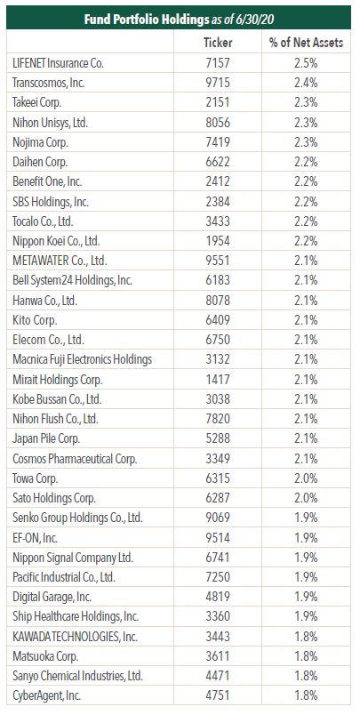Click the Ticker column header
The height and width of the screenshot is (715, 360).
click(x=218, y=43)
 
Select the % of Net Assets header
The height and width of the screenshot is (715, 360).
click(x=306, y=43)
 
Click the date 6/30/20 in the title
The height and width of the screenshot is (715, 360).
click(x=254, y=20)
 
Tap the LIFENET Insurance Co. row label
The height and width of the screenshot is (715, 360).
click(x=59, y=63)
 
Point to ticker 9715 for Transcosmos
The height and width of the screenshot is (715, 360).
click(x=218, y=83)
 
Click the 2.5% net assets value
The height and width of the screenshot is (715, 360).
click(x=306, y=63)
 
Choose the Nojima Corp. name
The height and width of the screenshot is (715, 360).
click(x=41, y=142)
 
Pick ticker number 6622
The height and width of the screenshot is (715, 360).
click(x=218, y=162)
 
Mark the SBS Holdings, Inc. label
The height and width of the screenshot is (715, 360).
click(x=50, y=202)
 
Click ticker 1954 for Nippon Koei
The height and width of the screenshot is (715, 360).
click(x=218, y=241)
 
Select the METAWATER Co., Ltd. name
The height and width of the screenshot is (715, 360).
click(x=60, y=261)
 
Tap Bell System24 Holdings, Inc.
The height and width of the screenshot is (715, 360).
click(x=73, y=280)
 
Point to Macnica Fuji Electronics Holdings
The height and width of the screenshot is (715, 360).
click(x=83, y=359)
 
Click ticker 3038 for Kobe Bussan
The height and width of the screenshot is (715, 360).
click(x=218, y=399)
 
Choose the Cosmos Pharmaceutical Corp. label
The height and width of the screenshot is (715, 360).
click(x=75, y=458)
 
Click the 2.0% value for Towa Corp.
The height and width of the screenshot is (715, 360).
click(x=306, y=478)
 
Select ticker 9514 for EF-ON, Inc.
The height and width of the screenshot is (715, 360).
click(x=218, y=538)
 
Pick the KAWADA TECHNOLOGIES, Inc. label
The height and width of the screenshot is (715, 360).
click(x=76, y=637)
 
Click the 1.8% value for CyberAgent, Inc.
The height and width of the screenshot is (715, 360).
click(x=306, y=695)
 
